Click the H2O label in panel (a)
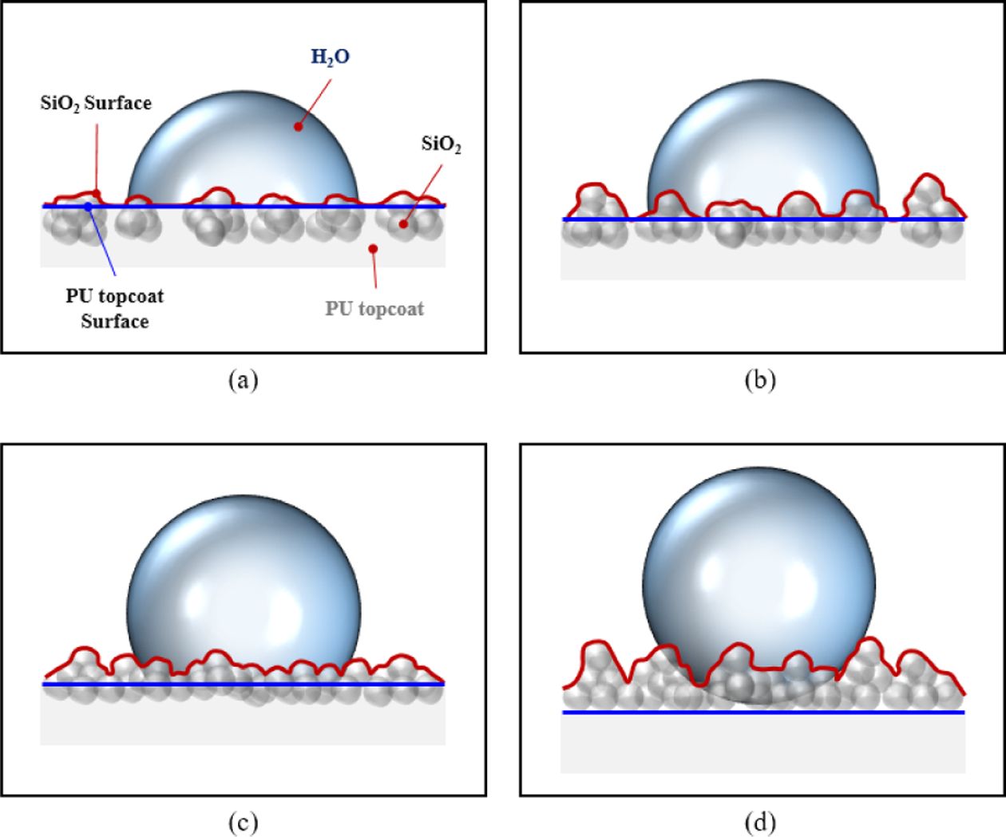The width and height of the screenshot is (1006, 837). click(330, 57)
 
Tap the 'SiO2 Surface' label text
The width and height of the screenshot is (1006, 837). click(96, 103)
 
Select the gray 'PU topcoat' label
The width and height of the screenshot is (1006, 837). click(374, 309)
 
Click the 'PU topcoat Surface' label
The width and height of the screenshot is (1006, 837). click(114, 309)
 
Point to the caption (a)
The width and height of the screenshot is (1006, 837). click(243, 380)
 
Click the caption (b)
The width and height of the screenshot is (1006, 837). click(759, 380)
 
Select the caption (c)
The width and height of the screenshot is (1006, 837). click(243, 822)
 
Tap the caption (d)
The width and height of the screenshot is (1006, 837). click(759, 822)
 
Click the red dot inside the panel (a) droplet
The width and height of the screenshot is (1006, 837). click(298, 126)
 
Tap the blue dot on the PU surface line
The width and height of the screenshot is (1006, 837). click(88, 207)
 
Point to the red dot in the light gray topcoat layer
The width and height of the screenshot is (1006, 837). click(373, 248)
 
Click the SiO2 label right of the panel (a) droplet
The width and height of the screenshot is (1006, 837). click(441, 144)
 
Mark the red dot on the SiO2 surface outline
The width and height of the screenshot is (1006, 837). click(97, 192)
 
